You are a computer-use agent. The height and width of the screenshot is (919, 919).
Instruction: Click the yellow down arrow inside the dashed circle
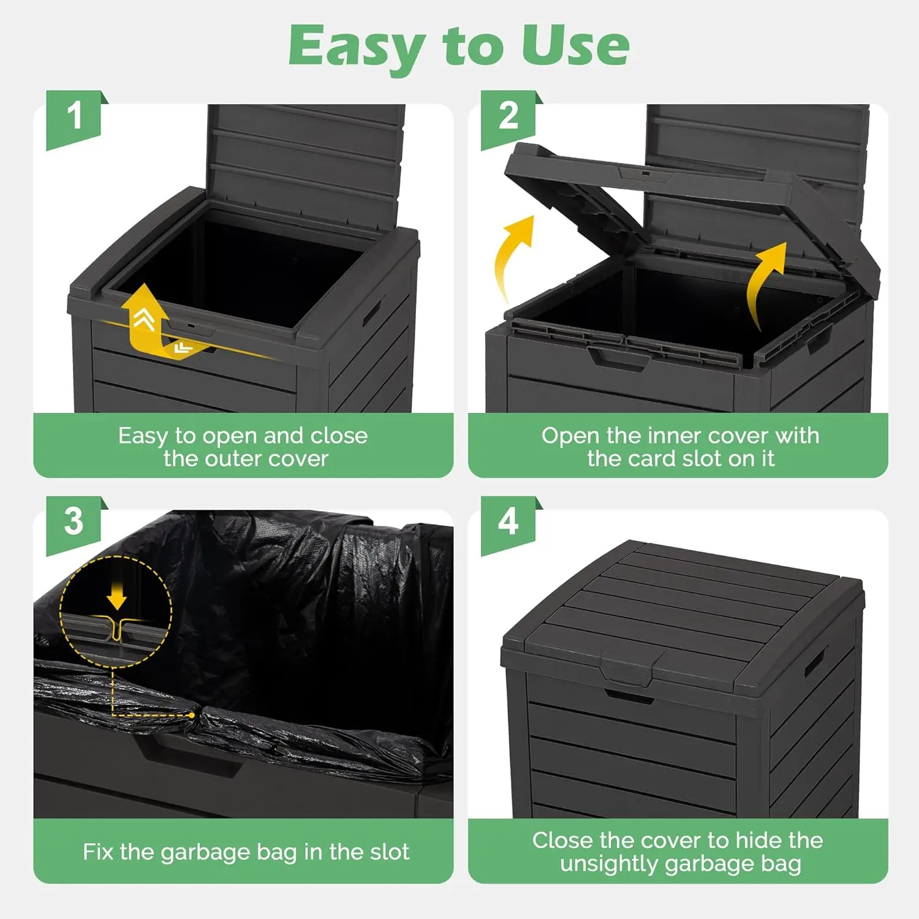coord(116,594)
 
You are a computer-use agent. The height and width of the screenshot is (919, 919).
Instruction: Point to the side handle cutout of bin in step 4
coord(815,663)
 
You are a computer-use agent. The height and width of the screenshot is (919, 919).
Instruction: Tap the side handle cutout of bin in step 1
coord(373,312)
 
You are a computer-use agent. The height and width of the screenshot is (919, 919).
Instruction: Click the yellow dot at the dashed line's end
coord(192,715)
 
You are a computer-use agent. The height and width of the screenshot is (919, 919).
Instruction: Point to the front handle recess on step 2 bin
coord(619,357)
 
